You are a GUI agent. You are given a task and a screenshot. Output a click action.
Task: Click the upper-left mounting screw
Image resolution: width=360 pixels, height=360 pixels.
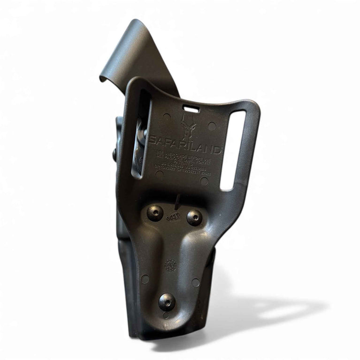point(155,213)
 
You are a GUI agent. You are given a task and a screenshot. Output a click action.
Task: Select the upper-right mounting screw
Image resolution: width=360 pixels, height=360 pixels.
point(194,217)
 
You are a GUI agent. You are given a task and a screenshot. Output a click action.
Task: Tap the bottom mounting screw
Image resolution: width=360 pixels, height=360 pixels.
point(167,301)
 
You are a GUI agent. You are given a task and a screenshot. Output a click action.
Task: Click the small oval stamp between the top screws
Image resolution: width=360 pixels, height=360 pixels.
point(173,218)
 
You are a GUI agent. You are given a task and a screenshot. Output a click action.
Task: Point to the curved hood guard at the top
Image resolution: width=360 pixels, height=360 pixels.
point(136,52)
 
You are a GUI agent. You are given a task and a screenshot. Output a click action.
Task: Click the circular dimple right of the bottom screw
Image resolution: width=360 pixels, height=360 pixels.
point(196,282)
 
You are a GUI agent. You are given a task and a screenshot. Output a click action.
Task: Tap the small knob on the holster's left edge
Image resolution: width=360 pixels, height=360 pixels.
point(114,155)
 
